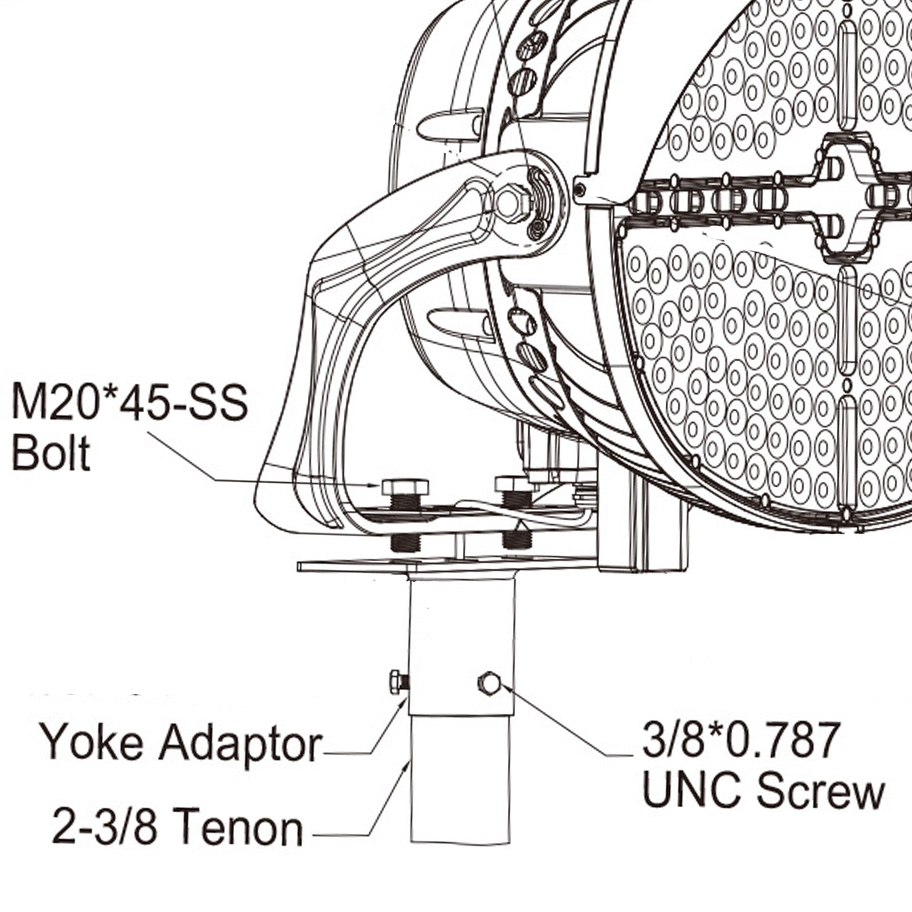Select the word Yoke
[92, 742]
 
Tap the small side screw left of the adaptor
[398, 682]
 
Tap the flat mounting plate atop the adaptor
[445, 566]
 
